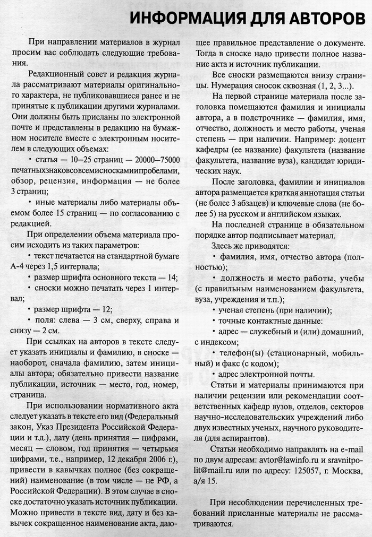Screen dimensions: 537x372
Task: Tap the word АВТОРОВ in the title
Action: click(319, 19)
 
